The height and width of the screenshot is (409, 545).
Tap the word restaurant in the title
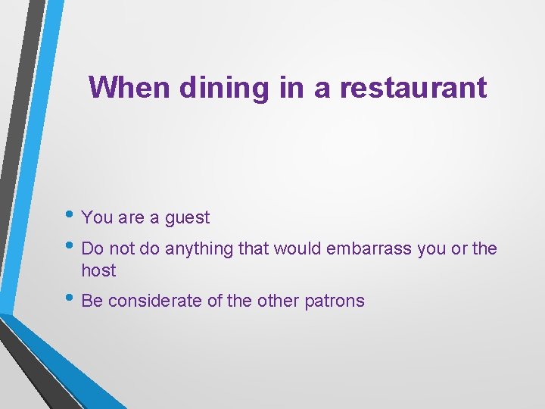[413, 88]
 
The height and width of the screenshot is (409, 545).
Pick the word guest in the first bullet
[187, 218]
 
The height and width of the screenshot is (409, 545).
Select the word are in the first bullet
[131, 218]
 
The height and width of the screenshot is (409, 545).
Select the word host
[98, 270]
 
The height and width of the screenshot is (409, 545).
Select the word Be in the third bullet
[92, 301]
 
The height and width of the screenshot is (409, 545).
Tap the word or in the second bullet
[459, 248]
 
